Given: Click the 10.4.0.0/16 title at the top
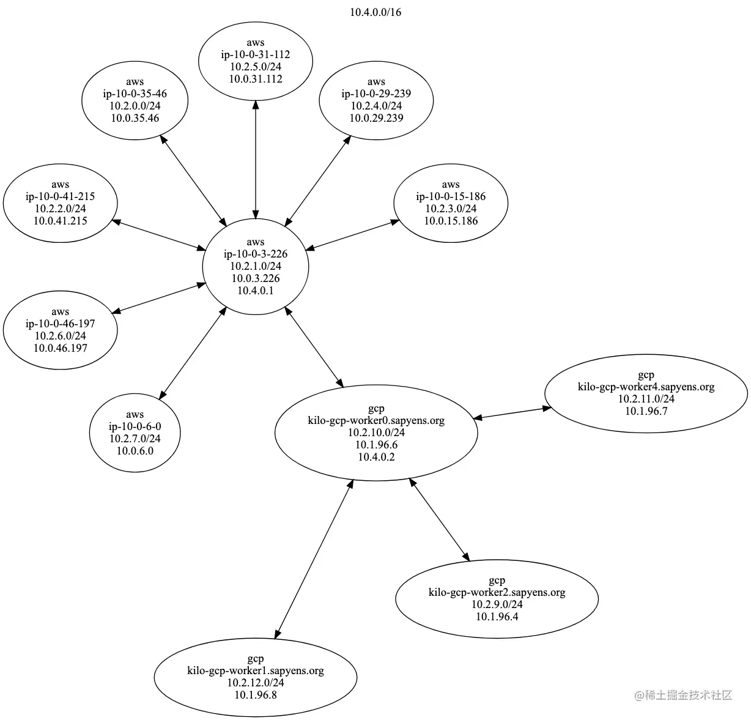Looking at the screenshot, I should pyautogui.click(x=376, y=12).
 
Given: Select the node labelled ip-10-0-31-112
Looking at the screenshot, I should pyautogui.click(x=256, y=54).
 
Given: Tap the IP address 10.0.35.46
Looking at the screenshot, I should pyautogui.click(x=135, y=118).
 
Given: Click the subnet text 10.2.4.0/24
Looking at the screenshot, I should pyautogui.click(x=376, y=106).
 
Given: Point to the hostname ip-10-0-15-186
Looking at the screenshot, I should pyautogui.click(x=451, y=196).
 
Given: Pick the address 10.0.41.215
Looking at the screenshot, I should pyautogui.click(x=61, y=221).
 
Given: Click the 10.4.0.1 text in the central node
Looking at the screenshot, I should pyautogui.click(x=256, y=291).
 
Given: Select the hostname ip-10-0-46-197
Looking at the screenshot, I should pyautogui.click(x=61, y=324).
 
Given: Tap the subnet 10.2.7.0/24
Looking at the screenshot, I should pyautogui.click(x=135, y=439).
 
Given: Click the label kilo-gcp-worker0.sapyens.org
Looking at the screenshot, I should pyautogui.click(x=376, y=421).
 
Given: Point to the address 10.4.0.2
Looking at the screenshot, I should pyautogui.click(x=376, y=457).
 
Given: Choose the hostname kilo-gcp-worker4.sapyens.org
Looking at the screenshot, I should pyautogui.click(x=646, y=387).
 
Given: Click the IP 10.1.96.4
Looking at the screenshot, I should pyautogui.click(x=497, y=616).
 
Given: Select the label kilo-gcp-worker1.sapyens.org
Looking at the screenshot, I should pyautogui.click(x=256, y=670).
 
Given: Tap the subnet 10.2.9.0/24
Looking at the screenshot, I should pyautogui.click(x=497, y=604).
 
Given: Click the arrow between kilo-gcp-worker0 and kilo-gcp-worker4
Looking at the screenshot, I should pyautogui.click(x=512, y=413).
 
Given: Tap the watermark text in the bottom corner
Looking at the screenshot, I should pyautogui.click(x=683, y=695).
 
